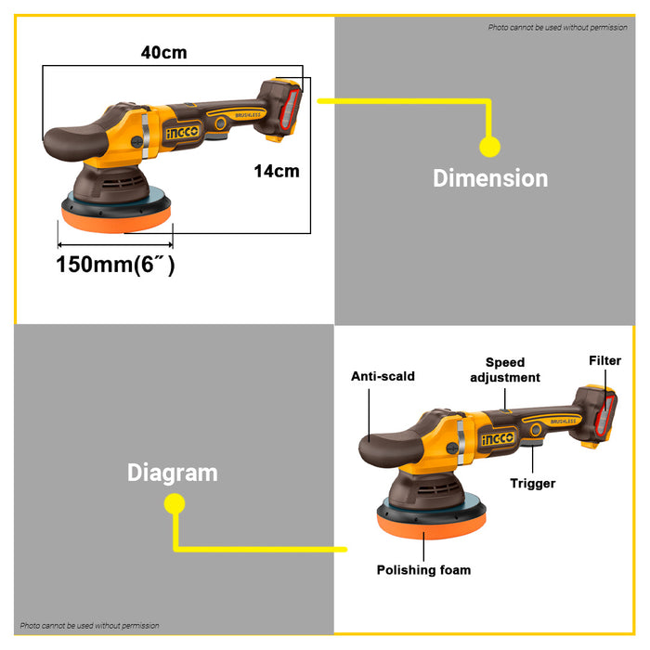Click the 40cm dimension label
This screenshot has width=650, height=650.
coord(163,53)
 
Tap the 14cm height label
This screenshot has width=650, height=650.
coord(277,171)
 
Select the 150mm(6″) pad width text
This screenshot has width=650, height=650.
coord(115,264)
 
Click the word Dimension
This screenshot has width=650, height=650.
coord(490,178)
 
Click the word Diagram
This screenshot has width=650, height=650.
coord(173,473)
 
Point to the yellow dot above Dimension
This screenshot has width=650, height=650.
coord(489,147)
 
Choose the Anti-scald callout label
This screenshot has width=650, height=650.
coord(383,377)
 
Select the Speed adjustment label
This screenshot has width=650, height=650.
coord(504,370)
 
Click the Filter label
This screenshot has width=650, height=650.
coord(604,360)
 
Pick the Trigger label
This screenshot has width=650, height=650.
coord(533,483)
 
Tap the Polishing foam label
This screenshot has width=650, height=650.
coord(423,569)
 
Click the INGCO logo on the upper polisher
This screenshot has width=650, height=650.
coord(182,133)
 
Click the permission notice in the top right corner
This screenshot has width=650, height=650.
coord(557,28)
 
